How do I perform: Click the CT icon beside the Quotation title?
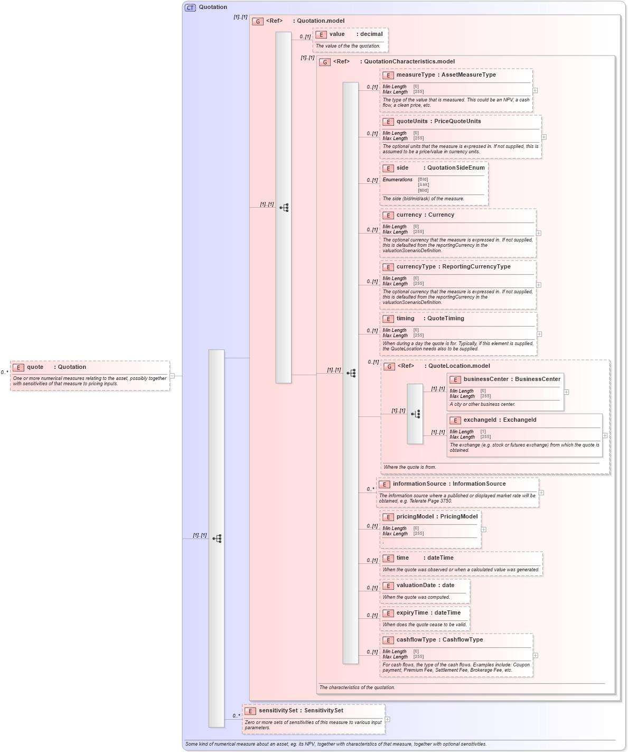coord(190,7)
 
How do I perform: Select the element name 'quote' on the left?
coord(35,367)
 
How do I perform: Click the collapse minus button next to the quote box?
coord(172,376)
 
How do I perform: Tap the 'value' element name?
coord(337,34)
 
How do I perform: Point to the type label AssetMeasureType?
coord(468,75)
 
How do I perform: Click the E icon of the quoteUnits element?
coord(388,122)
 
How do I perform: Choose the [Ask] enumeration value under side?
coord(423,185)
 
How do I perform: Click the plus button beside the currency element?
coord(539,233)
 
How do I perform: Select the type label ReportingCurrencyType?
coord(476,267)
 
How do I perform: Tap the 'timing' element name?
coord(406,319)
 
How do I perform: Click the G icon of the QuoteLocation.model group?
coord(389,366)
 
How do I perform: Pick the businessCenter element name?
coord(485,379)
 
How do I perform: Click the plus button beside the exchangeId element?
coord(605,435)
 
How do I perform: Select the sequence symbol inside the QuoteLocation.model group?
coord(416,414)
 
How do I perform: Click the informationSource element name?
coord(419,484)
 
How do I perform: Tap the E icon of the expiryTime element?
coord(388,613)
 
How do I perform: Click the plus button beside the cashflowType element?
coord(535,655)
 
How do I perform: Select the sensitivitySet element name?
coord(278,711)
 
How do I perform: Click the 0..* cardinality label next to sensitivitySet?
coord(236,716)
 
